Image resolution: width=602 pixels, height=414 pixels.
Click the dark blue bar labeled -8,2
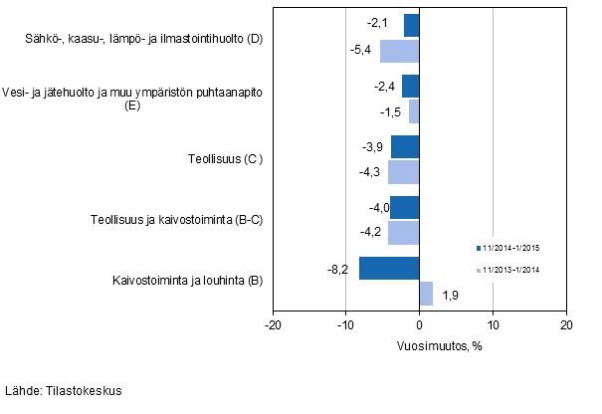click(389, 269)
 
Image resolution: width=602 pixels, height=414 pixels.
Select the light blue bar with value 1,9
click(426, 294)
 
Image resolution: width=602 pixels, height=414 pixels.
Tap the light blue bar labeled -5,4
click(400, 50)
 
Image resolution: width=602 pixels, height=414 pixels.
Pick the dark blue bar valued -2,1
click(412, 25)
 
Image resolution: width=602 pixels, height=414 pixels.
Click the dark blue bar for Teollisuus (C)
click(405, 147)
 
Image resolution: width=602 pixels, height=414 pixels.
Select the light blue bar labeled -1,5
click(414, 110)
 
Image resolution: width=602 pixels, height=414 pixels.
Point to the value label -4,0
click(374, 208)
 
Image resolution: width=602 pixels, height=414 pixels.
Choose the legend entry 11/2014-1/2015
click(511, 247)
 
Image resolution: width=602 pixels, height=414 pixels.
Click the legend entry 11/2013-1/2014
click(511, 270)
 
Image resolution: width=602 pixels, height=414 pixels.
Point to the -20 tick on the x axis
click(273, 324)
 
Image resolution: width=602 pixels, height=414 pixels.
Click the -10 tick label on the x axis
click(345, 324)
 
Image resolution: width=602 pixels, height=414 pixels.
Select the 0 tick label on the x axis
click(420, 324)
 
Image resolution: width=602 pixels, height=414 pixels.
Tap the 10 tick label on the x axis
click(493, 324)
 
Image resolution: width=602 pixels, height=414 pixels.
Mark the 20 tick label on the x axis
click(565, 324)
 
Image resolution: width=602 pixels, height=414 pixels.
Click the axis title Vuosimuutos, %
click(419, 345)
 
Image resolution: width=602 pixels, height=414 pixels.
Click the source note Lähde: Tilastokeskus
click(63, 391)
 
